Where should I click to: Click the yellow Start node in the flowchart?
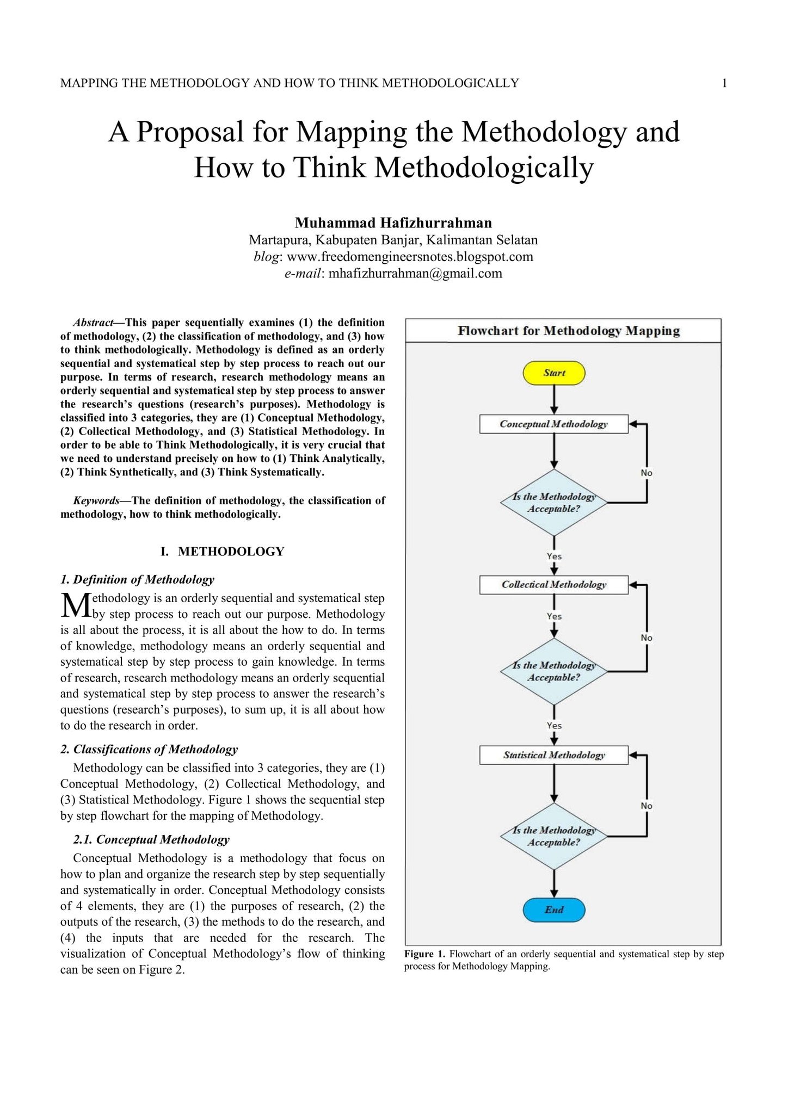pyautogui.click(x=554, y=373)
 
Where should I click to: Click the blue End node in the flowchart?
pyautogui.click(x=554, y=909)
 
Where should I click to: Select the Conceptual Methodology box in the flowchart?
pyautogui.click(x=553, y=424)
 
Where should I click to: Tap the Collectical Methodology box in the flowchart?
pyautogui.click(x=553, y=585)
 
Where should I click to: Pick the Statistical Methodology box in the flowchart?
pyautogui.click(x=553, y=755)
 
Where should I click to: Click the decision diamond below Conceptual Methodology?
pyautogui.click(x=553, y=503)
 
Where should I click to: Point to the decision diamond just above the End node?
pyautogui.click(x=553, y=836)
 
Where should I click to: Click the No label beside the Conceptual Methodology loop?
pyautogui.click(x=647, y=473)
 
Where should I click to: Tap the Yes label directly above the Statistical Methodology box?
pyautogui.click(x=554, y=726)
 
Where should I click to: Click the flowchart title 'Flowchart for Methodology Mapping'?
pyautogui.click(x=569, y=331)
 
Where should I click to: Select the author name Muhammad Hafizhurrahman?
pyautogui.click(x=393, y=223)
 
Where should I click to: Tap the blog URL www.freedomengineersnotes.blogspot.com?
pyautogui.click(x=410, y=257)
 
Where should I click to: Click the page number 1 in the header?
pyautogui.click(x=724, y=83)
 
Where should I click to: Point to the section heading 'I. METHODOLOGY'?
pyautogui.click(x=223, y=552)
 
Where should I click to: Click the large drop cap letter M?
pyautogui.click(x=75, y=605)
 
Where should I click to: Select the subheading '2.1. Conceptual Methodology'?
pyautogui.click(x=151, y=839)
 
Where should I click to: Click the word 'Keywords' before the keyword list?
pyautogui.click(x=96, y=500)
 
